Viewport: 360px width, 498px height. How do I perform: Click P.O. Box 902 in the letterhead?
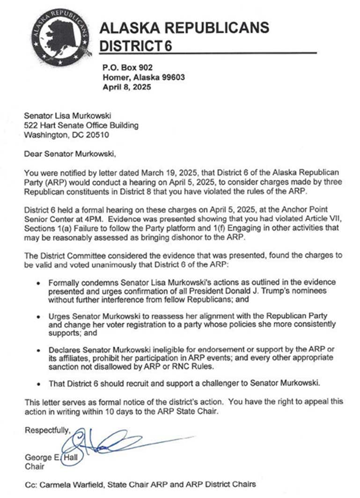point(127,68)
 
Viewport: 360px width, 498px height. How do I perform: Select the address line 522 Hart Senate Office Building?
point(81,125)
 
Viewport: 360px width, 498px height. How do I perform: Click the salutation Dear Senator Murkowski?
point(69,153)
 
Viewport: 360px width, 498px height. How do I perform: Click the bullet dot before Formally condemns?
point(38,283)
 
